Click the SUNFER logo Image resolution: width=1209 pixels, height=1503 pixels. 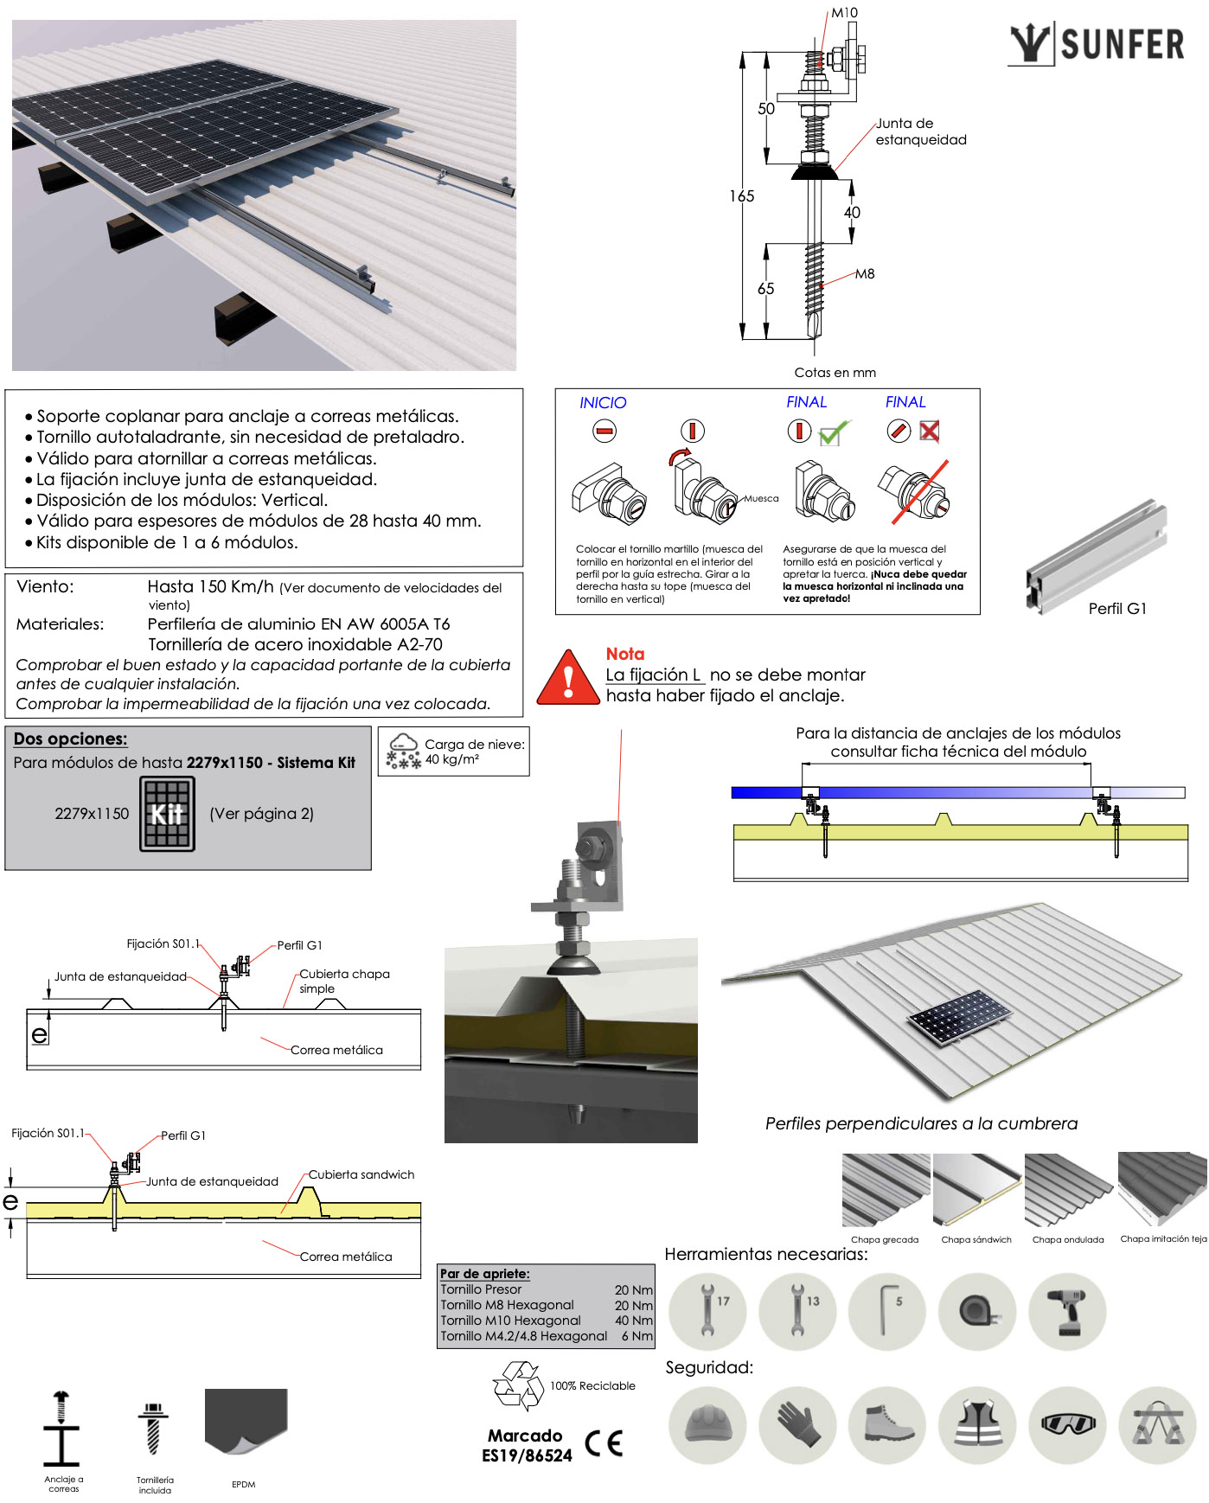(x=1097, y=44)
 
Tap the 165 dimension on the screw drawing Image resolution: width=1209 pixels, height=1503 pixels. (x=741, y=196)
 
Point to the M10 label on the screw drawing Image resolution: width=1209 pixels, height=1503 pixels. (x=844, y=13)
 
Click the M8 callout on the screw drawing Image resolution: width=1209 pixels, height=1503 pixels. (x=865, y=274)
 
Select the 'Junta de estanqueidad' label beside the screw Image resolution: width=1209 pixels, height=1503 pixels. (x=920, y=131)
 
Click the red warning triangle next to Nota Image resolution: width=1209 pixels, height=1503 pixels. (x=568, y=679)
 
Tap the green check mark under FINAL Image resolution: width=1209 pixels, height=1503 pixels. (x=834, y=432)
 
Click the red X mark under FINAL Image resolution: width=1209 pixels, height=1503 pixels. (x=930, y=431)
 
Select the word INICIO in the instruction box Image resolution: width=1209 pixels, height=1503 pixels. (x=603, y=403)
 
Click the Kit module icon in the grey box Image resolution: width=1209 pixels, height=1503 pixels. (x=167, y=814)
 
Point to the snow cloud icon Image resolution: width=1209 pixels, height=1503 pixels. (x=403, y=751)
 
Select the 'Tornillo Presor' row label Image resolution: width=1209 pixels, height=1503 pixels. (x=481, y=1289)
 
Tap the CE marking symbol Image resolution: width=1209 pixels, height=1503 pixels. (x=604, y=1443)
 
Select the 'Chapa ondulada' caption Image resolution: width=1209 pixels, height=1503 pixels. (x=1068, y=1240)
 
